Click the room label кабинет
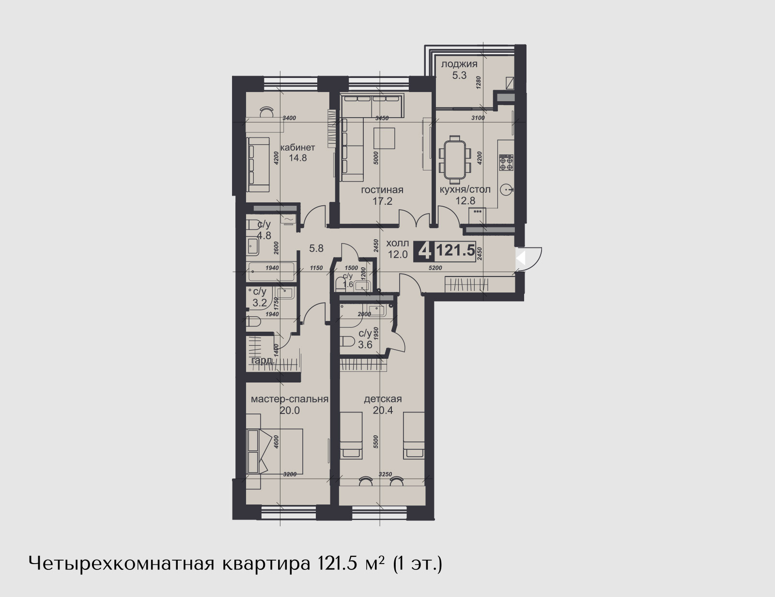tap(297, 147)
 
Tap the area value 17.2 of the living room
tap(382, 201)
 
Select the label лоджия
tap(459, 64)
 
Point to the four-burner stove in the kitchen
tap(506, 163)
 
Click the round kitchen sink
tap(507, 189)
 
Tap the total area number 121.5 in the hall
tap(455, 251)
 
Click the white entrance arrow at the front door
tap(521, 257)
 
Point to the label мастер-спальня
tap(289, 399)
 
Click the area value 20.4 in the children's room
tap(383, 411)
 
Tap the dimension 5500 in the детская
tap(375, 442)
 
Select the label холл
tap(397, 244)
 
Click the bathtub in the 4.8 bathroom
tap(271, 272)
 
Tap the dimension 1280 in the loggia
tap(479, 83)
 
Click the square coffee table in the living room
tap(384, 138)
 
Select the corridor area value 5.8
tap(316, 248)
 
